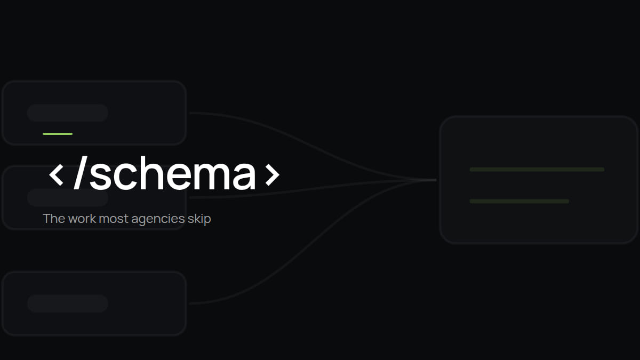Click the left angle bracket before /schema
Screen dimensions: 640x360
57,175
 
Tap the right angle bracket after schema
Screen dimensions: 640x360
273,175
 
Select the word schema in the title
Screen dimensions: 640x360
173,173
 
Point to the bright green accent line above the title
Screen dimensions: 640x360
58,134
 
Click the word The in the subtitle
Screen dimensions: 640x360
54,219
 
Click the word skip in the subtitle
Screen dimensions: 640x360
199,219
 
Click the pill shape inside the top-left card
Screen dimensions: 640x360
68,113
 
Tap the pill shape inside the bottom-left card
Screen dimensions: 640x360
68,303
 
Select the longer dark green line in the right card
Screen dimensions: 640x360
537,170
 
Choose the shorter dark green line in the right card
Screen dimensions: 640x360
519,201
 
